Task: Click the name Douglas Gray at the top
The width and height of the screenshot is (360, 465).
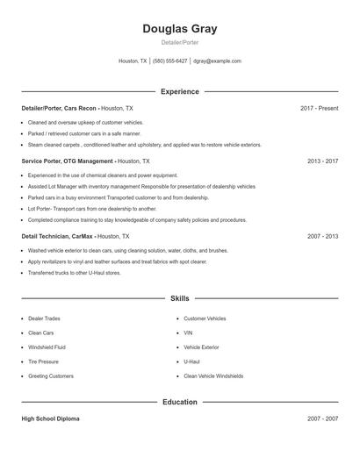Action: [x=179, y=29]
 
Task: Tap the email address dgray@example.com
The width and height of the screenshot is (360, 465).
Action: [x=217, y=61]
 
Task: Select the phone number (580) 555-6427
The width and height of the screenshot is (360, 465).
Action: [x=169, y=61]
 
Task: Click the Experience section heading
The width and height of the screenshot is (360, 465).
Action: [x=179, y=91]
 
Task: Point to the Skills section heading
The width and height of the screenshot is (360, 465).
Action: [x=179, y=298]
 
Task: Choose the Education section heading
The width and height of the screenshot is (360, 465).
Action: [x=179, y=402]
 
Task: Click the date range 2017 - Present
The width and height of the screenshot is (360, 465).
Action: [x=319, y=108]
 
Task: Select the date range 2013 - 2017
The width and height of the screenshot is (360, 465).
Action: [x=322, y=161]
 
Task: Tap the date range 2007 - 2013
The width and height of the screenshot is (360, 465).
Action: [x=322, y=236]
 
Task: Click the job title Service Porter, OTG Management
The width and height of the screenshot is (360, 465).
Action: [x=68, y=161]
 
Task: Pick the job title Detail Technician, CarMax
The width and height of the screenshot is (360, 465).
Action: [x=57, y=236]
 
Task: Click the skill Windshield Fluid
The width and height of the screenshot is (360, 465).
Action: [x=47, y=347]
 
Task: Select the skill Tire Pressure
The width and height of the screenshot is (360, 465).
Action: [x=43, y=361]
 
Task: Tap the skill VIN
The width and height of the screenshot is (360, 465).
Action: [x=188, y=333]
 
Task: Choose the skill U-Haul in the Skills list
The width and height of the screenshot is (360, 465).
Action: [x=191, y=361]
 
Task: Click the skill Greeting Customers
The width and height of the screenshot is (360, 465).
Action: [x=51, y=376]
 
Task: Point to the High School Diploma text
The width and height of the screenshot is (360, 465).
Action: [x=50, y=418]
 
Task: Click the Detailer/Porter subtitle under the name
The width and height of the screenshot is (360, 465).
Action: [x=179, y=42]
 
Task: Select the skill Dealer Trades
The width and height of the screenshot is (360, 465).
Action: [x=44, y=318]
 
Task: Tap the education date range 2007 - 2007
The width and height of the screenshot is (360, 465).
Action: [x=322, y=418]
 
